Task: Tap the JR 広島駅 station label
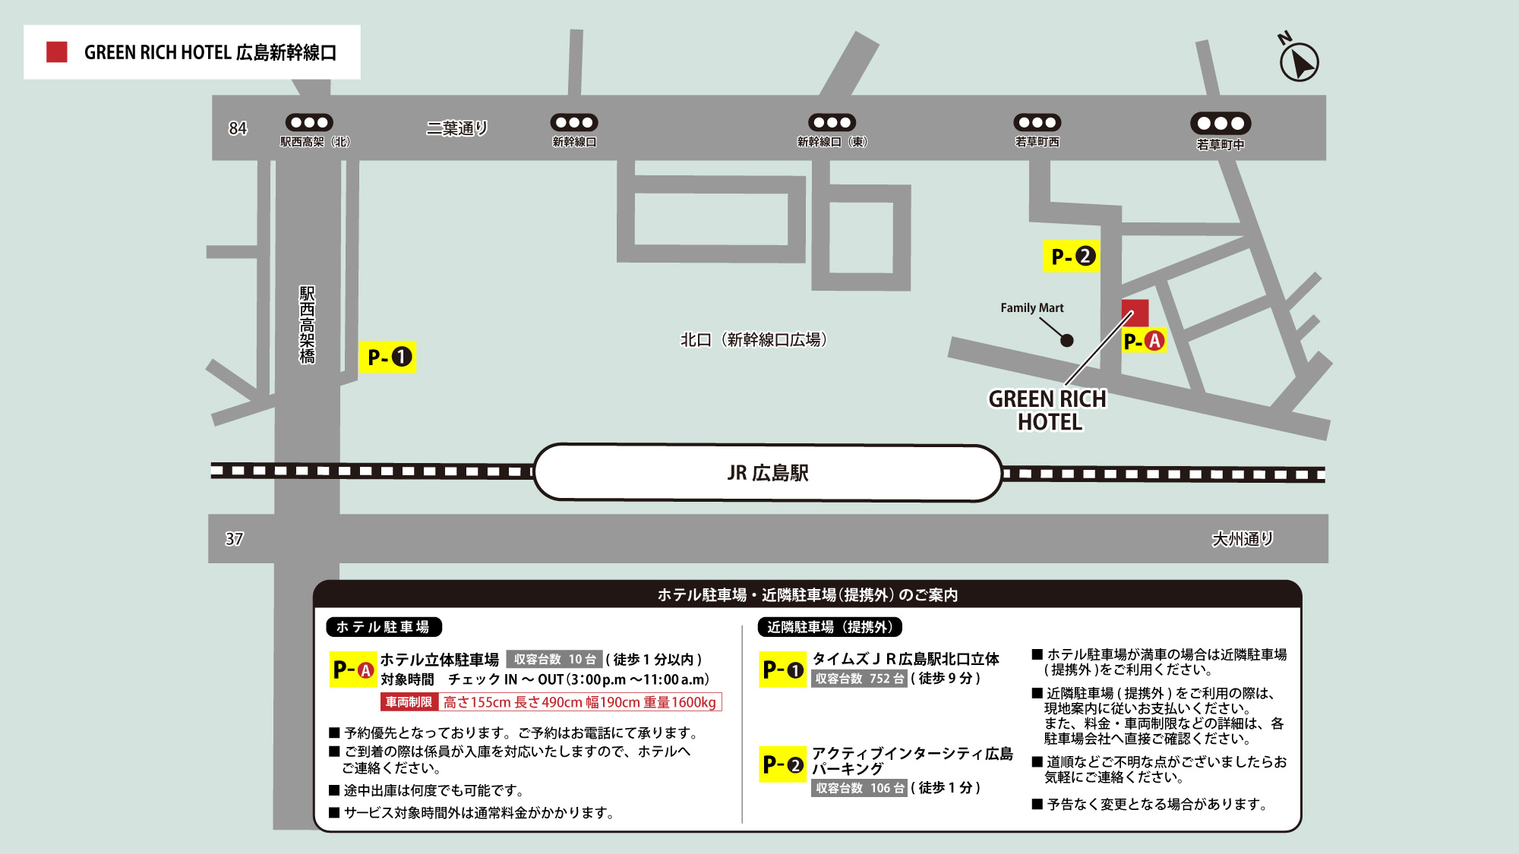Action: pyautogui.click(x=768, y=473)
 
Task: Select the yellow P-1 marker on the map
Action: pyautogui.click(x=387, y=357)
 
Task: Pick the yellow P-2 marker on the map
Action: pyautogui.click(x=1071, y=257)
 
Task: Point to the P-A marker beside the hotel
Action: pyautogui.click(x=1144, y=341)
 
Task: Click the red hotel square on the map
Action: pyautogui.click(x=1135, y=312)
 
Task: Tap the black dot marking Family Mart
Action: pyautogui.click(x=1067, y=340)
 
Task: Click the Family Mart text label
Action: pyautogui.click(x=1031, y=307)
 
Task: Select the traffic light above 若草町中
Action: pyautogui.click(x=1221, y=123)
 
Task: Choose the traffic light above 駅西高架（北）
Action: pyautogui.click(x=309, y=122)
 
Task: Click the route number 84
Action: pyautogui.click(x=238, y=128)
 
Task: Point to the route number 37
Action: pyautogui.click(x=234, y=539)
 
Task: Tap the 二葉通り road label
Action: pyautogui.click(x=456, y=128)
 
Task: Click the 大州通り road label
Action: pyautogui.click(x=1242, y=539)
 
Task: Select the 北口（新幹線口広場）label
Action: pyautogui.click(x=753, y=339)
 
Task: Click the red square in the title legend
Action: pyautogui.click(x=57, y=52)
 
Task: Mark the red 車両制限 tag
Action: pyautogui.click(x=409, y=702)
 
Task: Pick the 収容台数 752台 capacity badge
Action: pyautogui.click(x=860, y=679)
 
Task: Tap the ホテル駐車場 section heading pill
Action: pyautogui.click(x=384, y=627)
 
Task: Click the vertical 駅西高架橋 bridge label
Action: pyautogui.click(x=307, y=325)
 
